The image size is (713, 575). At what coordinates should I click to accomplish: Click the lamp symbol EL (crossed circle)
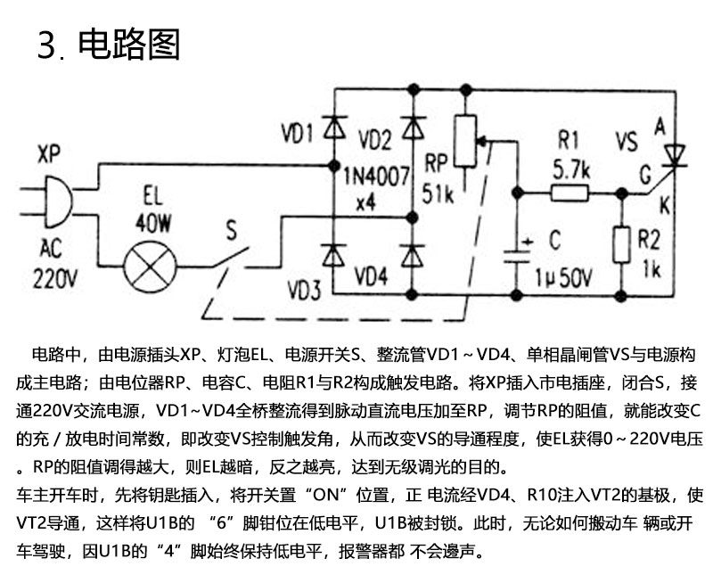(151, 267)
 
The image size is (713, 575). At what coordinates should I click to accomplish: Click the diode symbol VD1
(334, 127)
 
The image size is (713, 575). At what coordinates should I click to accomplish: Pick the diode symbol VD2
(413, 127)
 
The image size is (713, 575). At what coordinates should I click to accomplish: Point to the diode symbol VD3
(334, 255)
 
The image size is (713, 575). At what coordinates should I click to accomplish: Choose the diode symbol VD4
(413, 255)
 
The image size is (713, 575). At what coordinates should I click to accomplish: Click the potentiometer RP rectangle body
(465, 141)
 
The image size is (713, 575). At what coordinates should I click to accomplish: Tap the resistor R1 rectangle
(570, 193)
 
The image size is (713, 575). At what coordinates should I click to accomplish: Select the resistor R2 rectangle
(621, 245)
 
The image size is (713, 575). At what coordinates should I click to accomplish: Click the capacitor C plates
(516, 256)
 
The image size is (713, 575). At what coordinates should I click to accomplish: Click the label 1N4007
(376, 176)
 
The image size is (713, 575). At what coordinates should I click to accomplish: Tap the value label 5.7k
(571, 169)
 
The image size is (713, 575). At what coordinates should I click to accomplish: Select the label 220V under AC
(55, 277)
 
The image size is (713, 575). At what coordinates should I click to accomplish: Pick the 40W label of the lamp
(153, 224)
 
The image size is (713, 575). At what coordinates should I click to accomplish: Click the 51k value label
(438, 193)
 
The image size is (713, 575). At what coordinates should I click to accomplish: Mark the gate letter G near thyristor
(645, 175)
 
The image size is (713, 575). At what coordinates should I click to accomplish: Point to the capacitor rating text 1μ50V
(563, 277)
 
